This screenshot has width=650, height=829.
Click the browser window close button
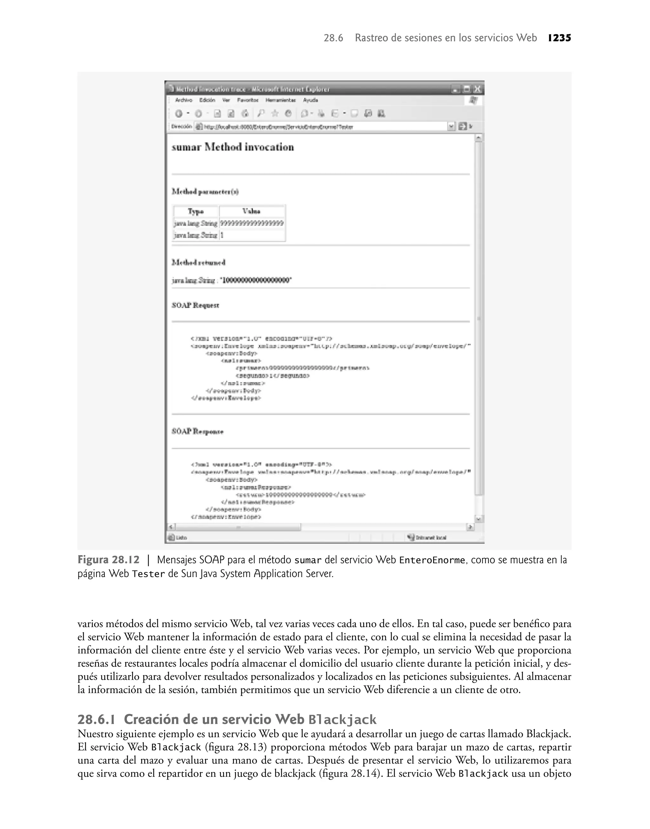click(478, 90)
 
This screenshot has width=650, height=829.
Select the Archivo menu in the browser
click(183, 100)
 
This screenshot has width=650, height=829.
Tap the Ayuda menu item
click(310, 100)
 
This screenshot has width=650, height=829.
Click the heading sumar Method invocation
click(233, 147)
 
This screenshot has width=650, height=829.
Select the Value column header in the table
click(252, 211)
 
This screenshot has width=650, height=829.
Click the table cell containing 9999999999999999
click(252, 223)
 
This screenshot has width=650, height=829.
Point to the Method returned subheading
click(198, 262)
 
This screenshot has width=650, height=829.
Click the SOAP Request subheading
click(195, 305)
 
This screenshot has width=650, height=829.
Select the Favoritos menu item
click(248, 100)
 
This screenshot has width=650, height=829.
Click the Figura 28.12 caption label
click(109, 560)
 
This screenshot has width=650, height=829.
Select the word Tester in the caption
click(148, 574)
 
